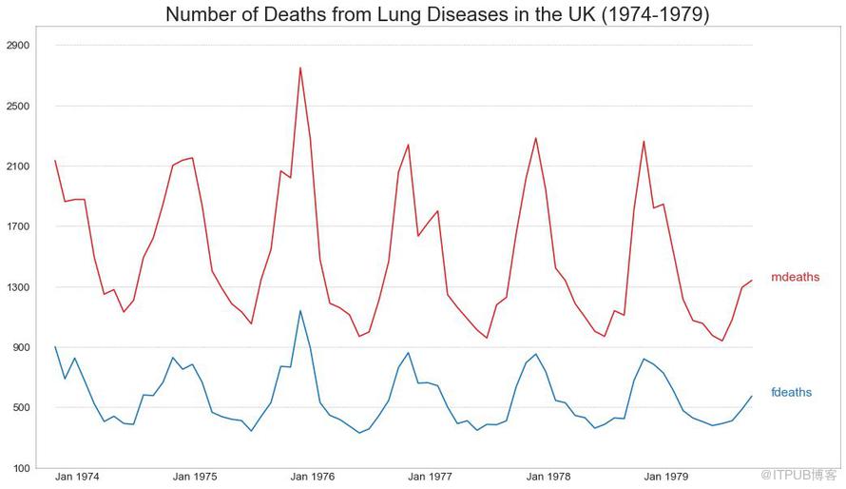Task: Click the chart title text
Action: [437, 14]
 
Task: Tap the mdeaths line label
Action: [795, 277]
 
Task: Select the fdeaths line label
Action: [791, 392]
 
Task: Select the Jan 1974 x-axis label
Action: [77, 477]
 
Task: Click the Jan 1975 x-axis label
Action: [195, 477]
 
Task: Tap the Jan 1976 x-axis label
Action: [313, 477]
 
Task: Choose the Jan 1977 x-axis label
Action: [431, 477]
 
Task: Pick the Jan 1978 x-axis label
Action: [548, 477]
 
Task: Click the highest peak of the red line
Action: [300, 68]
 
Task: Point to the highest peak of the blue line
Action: [300, 310]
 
